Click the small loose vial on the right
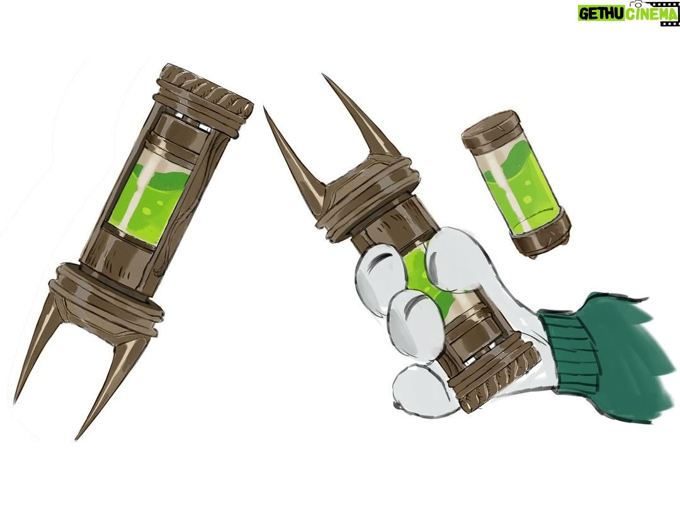(x=517, y=185)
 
